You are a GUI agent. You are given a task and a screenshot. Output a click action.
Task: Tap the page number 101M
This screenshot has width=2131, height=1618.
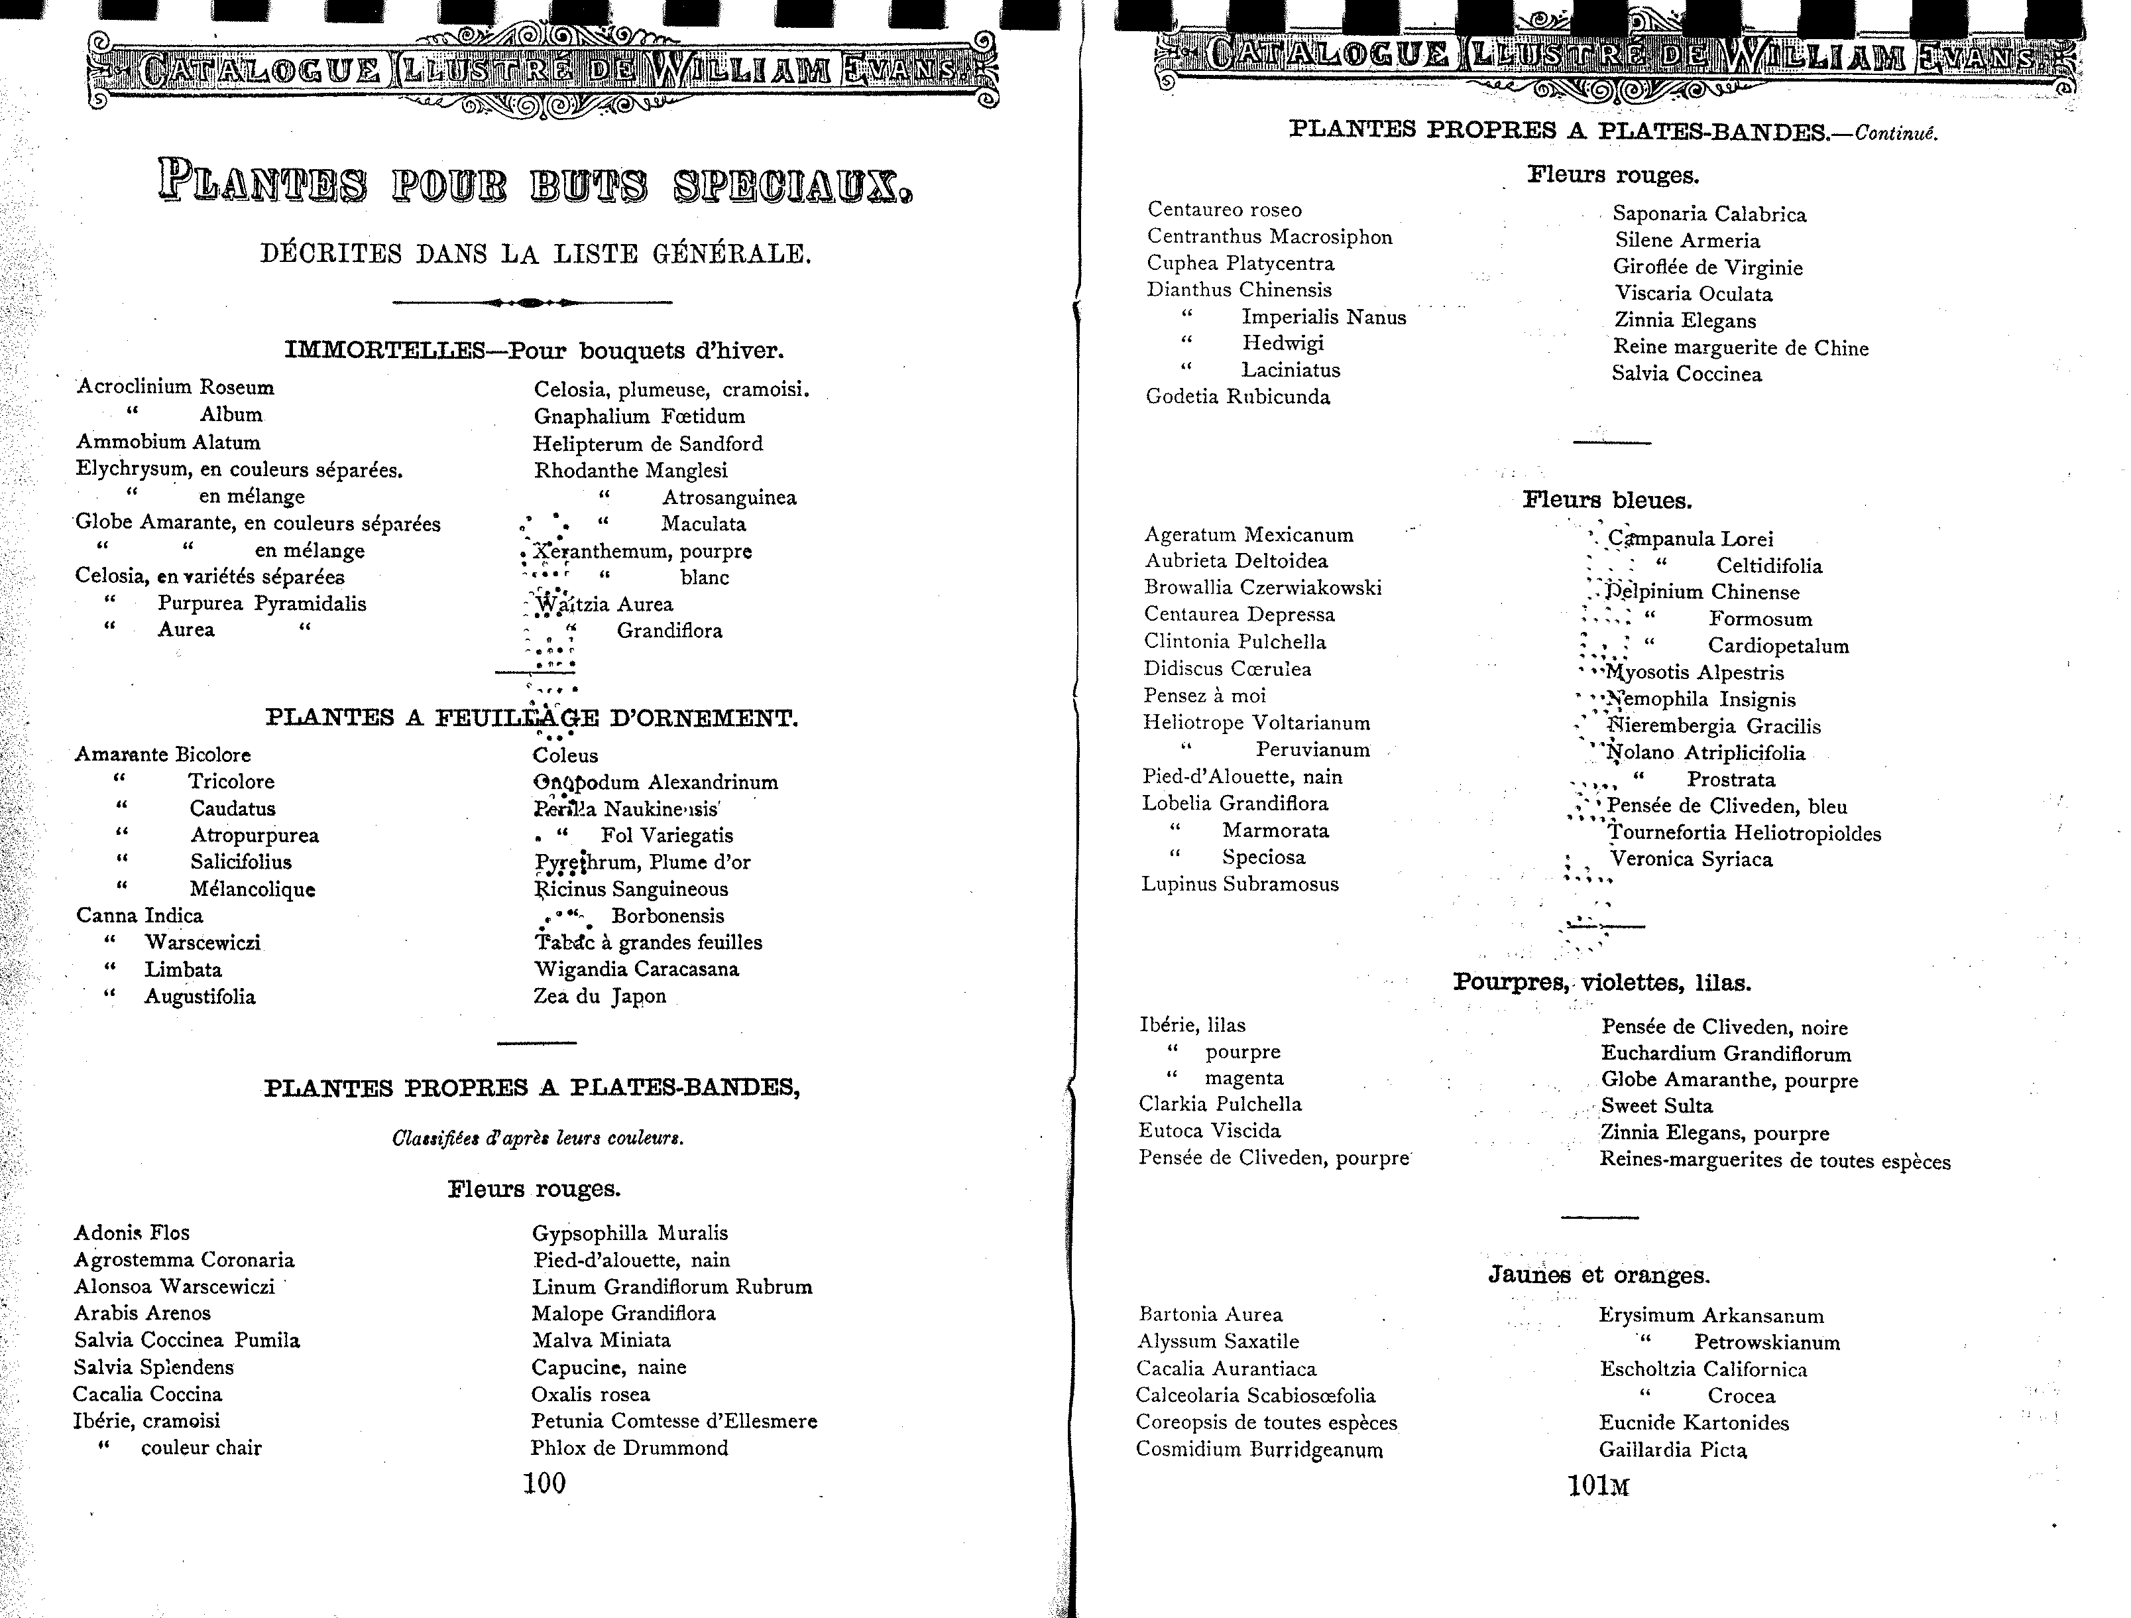pyautogui.click(x=1597, y=1486)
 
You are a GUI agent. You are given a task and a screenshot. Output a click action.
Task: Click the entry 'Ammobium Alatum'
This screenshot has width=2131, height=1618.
pyautogui.click(x=168, y=442)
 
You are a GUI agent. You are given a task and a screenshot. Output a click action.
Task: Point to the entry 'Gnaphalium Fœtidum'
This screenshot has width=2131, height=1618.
pyautogui.click(x=639, y=416)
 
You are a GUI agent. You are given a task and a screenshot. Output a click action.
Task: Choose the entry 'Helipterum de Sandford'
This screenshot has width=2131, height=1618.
pyautogui.click(x=648, y=443)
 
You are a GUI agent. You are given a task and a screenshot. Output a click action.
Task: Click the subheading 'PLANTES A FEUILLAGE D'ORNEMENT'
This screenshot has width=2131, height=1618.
pyautogui.click(x=531, y=718)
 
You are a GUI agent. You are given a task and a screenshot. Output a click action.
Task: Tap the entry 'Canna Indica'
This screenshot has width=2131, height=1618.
pyautogui.click(x=140, y=916)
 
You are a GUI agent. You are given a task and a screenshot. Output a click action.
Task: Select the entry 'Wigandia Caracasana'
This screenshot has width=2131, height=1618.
pyautogui.click(x=636, y=969)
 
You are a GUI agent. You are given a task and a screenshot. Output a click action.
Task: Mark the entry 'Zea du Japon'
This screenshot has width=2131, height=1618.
pyautogui.click(x=599, y=997)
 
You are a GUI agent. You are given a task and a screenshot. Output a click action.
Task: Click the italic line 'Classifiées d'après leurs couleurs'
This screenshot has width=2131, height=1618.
pyautogui.click(x=538, y=1138)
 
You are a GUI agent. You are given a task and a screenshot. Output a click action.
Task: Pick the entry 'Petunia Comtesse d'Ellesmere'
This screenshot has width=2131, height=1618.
pyautogui.click(x=673, y=1420)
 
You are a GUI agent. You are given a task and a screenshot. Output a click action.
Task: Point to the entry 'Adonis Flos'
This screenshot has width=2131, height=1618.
pyautogui.click(x=132, y=1233)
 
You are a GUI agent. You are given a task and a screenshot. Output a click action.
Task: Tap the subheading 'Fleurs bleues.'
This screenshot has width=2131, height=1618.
pyautogui.click(x=1607, y=500)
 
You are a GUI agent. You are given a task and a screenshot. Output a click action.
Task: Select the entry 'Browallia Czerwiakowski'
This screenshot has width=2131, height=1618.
pyautogui.click(x=1262, y=588)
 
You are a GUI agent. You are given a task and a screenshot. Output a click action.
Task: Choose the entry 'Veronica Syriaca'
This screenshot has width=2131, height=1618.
pyautogui.click(x=1691, y=859)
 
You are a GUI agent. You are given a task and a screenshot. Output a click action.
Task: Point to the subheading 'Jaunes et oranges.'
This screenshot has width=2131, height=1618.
pyautogui.click(x=1598, y=1275)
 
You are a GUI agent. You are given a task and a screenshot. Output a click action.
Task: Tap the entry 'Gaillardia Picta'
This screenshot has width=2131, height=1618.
pyautogui.click(x=1672, y=1450)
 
